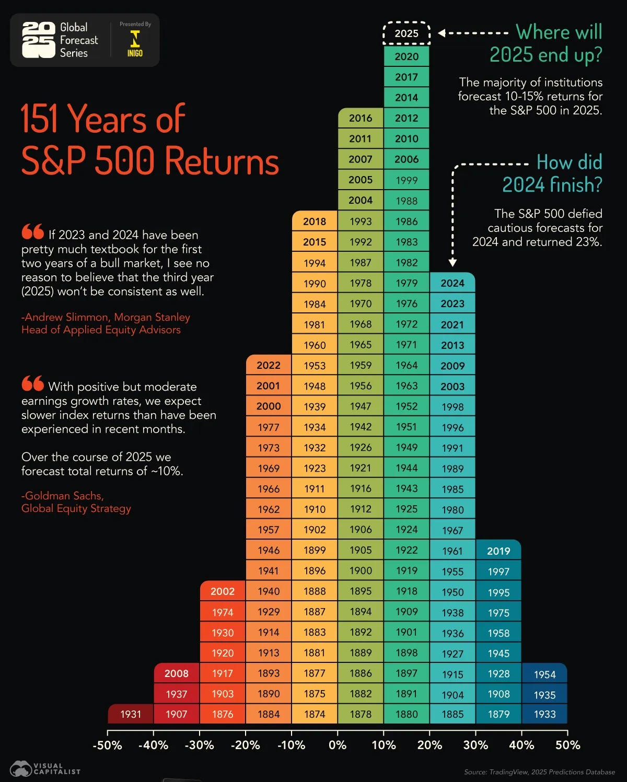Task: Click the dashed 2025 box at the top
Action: coord(407,33)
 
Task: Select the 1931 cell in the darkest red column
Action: coord(131,714)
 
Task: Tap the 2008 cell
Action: coord(177,673)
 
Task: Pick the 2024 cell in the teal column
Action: coord(452,283)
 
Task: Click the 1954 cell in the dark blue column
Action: coord(544,674)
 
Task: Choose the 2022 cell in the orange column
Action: coord(269,365)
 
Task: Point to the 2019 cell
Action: coord(498,551)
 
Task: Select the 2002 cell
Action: coord(223,591)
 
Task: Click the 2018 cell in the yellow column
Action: coord(315,221)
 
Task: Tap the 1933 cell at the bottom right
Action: coord(544,714)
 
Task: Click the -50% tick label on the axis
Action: coord(107,745)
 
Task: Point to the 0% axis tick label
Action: coord(338,745)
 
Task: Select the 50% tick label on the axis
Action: coord(567,745)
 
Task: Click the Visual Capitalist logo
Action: coord(45,768)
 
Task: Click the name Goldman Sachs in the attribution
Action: coord(63,496)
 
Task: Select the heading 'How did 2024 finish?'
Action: coord(553,173)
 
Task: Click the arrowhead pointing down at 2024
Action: coord(452,263)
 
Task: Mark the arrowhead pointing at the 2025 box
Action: coord(442,33)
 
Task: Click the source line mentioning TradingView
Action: coord(539,772)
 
